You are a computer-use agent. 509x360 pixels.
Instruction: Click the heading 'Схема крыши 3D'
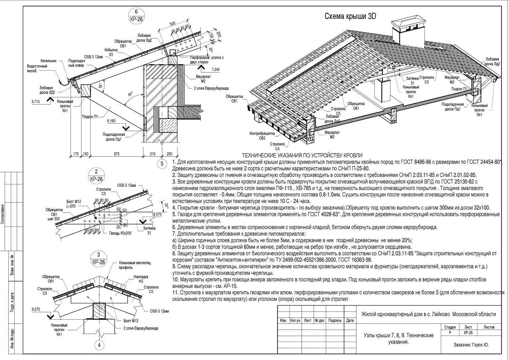coord(350,16)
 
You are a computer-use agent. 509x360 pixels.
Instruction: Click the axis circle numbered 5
coord(162,164)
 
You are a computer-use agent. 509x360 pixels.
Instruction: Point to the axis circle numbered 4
coord(99,345)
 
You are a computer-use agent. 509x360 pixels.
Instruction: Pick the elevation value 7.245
coord(215,70)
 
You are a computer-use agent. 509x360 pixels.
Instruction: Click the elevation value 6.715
coord(36,102)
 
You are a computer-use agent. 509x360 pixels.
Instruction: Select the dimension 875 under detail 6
coord(116,154)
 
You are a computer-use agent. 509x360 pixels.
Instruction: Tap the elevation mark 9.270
coord(36,309)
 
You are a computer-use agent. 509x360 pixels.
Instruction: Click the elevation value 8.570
coord(157,215)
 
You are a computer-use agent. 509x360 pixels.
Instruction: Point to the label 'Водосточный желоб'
coord(37,68)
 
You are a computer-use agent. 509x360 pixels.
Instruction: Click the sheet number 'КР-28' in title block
coord(468,333)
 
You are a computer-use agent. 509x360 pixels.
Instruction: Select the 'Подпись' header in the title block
coord(335,320)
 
